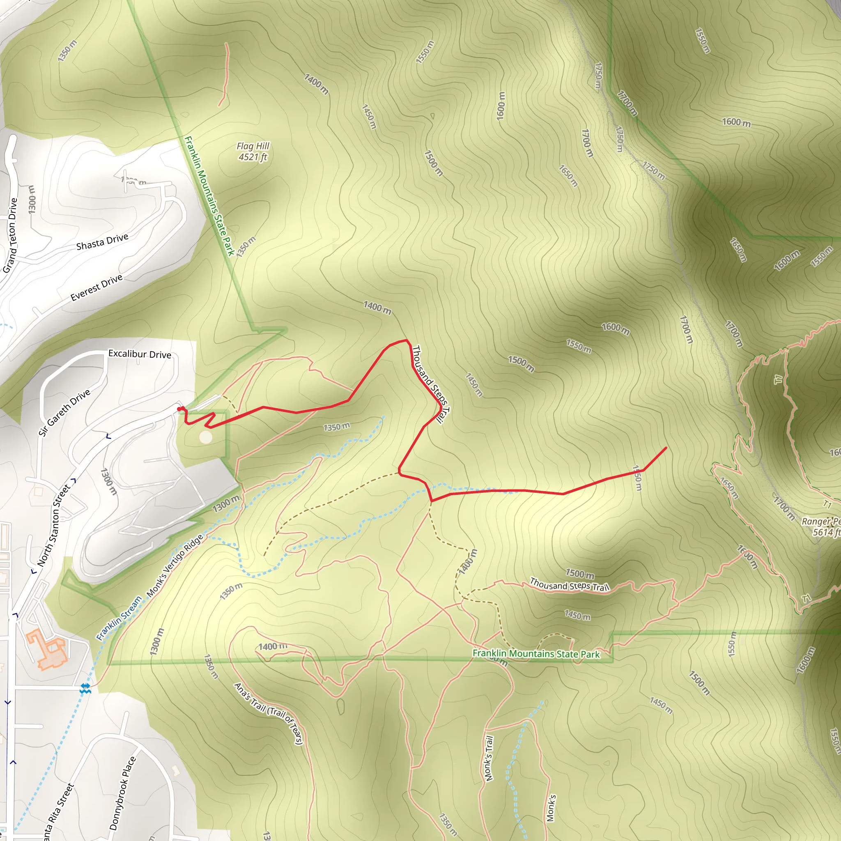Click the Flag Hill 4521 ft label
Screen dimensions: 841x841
point(253,152)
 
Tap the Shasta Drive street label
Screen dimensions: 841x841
point(102,242)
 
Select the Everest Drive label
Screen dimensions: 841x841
point(97,288)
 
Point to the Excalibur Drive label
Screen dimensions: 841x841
point(140,354)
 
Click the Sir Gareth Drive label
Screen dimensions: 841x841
point(64,412)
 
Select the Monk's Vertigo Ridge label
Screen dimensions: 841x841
point(175,565)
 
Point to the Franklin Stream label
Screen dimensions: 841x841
point(119,618)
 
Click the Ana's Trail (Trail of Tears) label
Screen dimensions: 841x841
point(268,713)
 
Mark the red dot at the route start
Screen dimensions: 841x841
point(180,408)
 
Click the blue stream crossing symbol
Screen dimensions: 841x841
point(85,688)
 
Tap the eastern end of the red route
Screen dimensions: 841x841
point(666,448)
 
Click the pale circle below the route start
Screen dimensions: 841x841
point(205,437)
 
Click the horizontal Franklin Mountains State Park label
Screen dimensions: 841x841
point(536,654)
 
